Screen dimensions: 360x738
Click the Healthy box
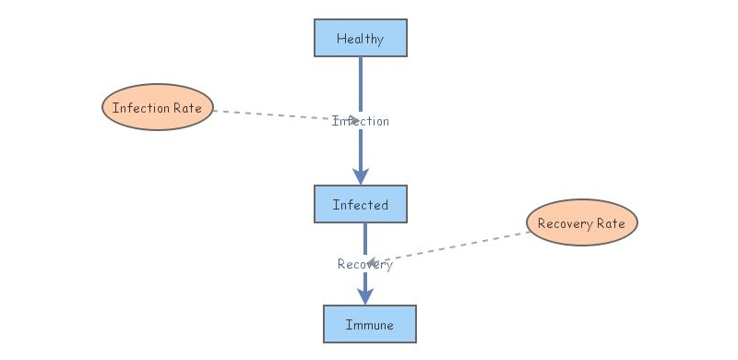click(x=361, y=39)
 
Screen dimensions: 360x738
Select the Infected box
click(x=361, y=205)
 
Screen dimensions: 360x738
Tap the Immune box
click(x=369, y=324)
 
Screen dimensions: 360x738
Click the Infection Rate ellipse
click(x=158, y=107)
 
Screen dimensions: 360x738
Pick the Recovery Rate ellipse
click(x=581, y=223)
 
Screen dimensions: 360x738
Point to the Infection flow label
click(x=361, y=121)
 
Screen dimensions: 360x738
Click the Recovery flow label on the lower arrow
click(x=365, y=264)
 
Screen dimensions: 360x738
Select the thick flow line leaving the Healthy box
click(x=361, y=83)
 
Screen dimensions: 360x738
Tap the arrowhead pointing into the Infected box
click(x=361, y=175)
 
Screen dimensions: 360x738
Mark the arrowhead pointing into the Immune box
click(x=365, y=295)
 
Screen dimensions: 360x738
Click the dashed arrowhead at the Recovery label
click(x=373, y=263)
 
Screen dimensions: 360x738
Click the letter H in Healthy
click(x=340, y=39)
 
